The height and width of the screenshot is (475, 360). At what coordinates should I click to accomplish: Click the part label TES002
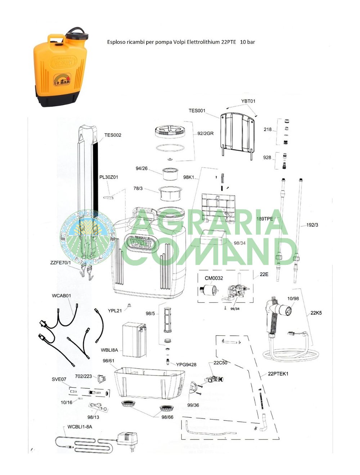[x=113, y=135]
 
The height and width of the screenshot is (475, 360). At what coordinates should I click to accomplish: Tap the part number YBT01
[x=248, y=101]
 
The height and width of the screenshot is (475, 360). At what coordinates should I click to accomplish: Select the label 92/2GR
[x=205, y=134]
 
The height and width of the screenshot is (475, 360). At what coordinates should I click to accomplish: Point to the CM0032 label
[x=214, y=278]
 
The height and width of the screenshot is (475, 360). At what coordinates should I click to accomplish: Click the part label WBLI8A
[x=109, y=350]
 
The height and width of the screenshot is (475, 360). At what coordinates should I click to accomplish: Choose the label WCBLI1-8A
[x=80, y=427]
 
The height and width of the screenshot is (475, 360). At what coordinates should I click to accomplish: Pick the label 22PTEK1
[x=278, y=374]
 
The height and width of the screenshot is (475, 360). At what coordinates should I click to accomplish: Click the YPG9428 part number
[x=186, y=365]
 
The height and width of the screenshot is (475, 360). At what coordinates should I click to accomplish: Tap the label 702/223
[x=83, y=376]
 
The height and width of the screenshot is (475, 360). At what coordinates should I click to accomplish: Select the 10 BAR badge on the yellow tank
[x=62, y=79]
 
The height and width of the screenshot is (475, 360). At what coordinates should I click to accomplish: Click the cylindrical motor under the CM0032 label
[x=207, y=290]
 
